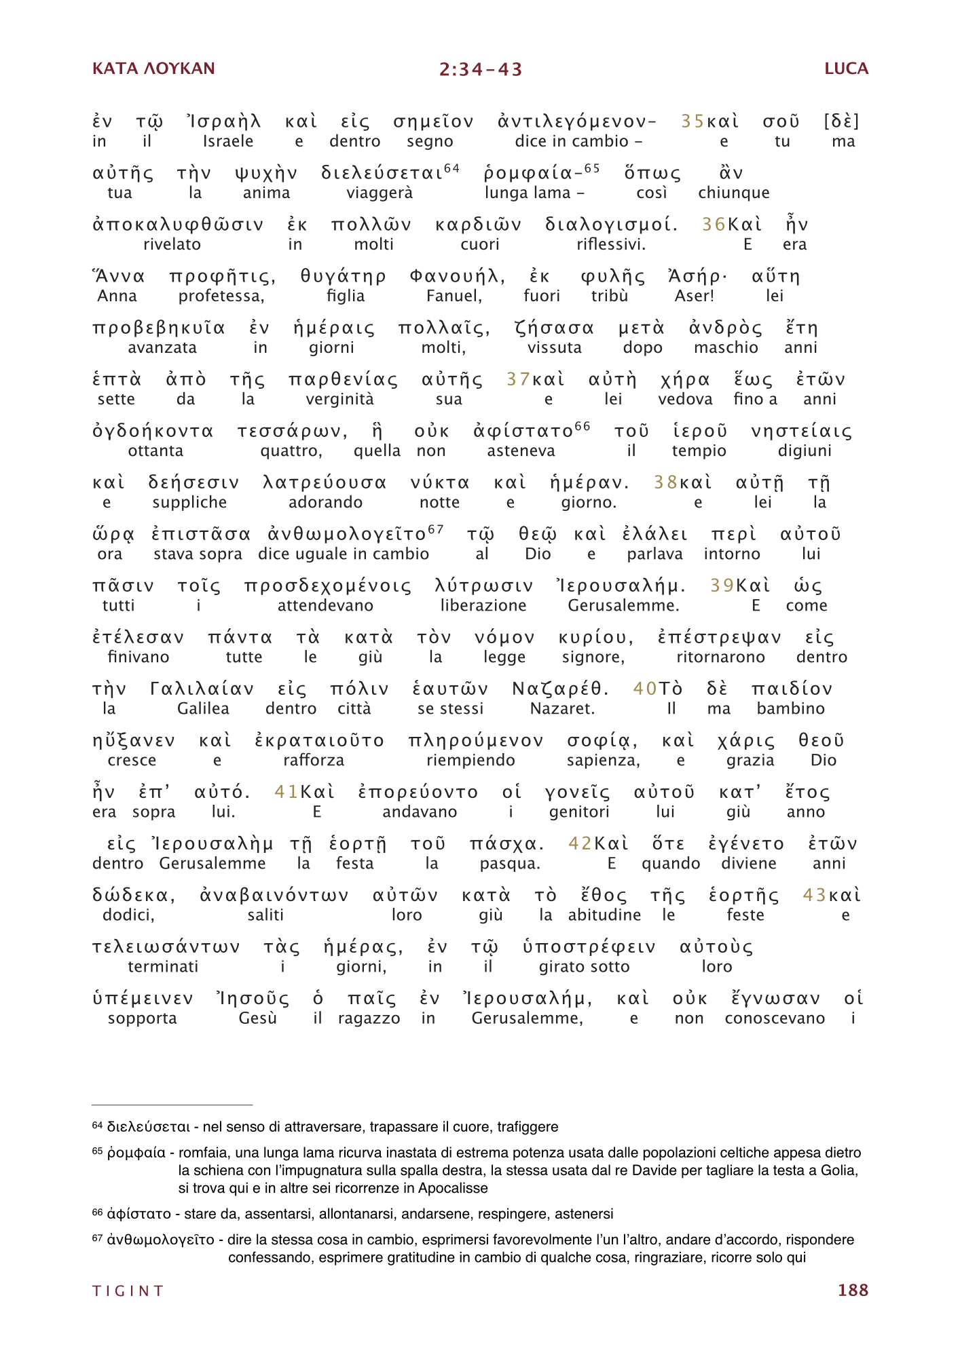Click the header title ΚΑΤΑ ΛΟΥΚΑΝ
pos(153,69)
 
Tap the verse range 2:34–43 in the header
pos(481,69)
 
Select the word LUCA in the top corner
pos(846,69)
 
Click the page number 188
pos(853,1290)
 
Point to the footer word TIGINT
pos(128,1291)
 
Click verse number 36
pos(714,225)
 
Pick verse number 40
pos(644,689)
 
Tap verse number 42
pos(580,843)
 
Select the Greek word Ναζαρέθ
pos(560,689)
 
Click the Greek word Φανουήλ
pos(457,276)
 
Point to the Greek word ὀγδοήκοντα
pos(153,431)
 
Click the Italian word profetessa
pos(221,296)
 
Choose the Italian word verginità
pos(339,399)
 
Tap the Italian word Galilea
pos(203,708)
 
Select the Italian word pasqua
pos(510,863)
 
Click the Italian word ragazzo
pos(369,1018)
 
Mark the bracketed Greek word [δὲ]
pos(841,121)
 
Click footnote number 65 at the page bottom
pos(97,1151)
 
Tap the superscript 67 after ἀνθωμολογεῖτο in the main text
pos(436,529)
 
